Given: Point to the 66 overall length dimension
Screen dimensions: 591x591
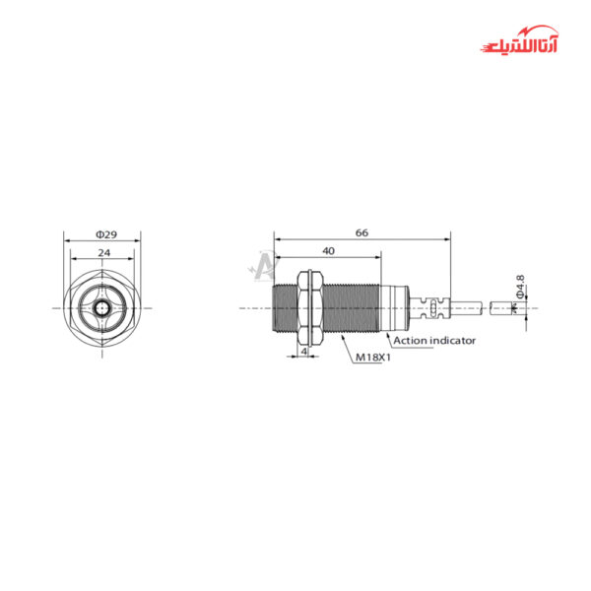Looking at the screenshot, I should (361, 232).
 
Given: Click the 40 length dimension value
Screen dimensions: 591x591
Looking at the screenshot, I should (326, 251).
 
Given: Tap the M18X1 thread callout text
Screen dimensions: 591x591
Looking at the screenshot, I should (373, 358).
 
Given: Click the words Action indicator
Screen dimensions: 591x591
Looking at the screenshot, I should (434, 340).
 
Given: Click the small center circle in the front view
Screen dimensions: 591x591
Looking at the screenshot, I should (102, 307).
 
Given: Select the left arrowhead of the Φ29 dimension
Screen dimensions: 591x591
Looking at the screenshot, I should (66, 240).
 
